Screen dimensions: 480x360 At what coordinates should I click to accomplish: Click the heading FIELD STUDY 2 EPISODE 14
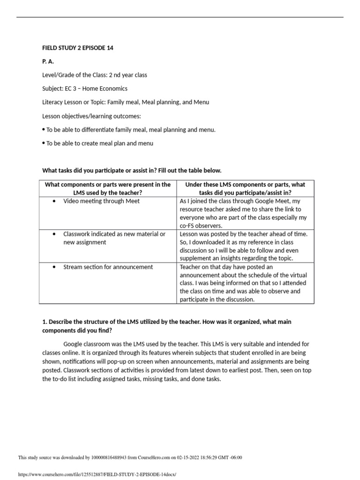point(77,48)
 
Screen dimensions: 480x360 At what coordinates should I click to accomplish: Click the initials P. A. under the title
point(49,61)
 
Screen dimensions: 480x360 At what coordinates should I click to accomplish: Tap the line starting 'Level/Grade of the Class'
point(95,75)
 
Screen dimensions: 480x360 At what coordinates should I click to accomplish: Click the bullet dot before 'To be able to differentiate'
point(44,129)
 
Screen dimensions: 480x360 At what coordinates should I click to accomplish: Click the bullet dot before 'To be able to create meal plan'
point(44,143)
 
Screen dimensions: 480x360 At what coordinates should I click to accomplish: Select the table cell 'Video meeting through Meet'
point(101,201)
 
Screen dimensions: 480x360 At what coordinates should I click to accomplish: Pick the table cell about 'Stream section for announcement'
point(108,267)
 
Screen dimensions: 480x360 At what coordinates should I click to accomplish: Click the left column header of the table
point(107,188)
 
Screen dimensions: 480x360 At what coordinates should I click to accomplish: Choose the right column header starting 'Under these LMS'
point(245,188)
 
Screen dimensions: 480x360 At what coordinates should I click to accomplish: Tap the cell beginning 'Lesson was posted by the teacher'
point(245,246)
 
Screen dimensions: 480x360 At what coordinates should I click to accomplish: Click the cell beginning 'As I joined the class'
point(245,213)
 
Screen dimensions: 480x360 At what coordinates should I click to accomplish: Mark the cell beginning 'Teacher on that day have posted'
point(245,283)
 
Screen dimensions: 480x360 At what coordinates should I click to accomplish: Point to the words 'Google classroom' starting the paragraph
point(86,344)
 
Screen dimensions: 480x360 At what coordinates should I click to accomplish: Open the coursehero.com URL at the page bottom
point(97,474)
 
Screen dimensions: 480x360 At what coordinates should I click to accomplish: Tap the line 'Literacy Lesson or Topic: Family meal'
point(126,102)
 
